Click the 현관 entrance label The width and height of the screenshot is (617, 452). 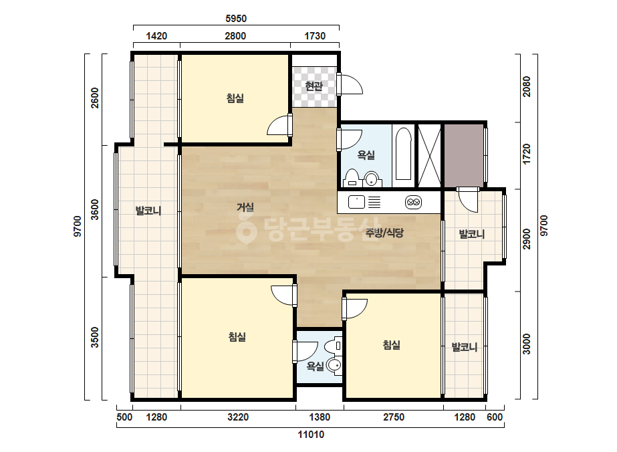click(x=314, y=86)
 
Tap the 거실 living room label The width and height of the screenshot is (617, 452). click(x=245, y=207)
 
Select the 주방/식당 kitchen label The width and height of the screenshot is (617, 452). click(x=384, y=233)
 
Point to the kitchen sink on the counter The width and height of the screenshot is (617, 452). click(x=356, y=203)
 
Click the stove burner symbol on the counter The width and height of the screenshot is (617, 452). click(x=414, y=203)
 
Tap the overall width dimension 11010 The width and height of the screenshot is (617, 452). click(x=311, y=435)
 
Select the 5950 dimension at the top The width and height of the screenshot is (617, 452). click(x=236, y=19)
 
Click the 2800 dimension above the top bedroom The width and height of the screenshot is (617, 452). click(x=235, y=36)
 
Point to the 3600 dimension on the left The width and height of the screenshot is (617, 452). click(x=95, y=209)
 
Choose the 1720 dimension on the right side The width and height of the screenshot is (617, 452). click(x=527, y=154)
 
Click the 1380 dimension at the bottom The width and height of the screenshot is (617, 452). click(x=320, y=417)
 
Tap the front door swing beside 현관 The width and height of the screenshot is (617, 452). click(x=350, y=84)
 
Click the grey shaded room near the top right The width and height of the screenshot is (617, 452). click(x=465, y=156)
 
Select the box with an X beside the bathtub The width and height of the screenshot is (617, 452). click(x=429, y=156)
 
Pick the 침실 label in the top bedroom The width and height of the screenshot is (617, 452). click(x=235, y=98)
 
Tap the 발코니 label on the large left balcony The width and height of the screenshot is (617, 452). click(x=148, y=210)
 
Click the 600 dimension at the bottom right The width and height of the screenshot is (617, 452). click(x=495, y=417)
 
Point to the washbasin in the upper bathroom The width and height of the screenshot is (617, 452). click(x=372, y=179)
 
